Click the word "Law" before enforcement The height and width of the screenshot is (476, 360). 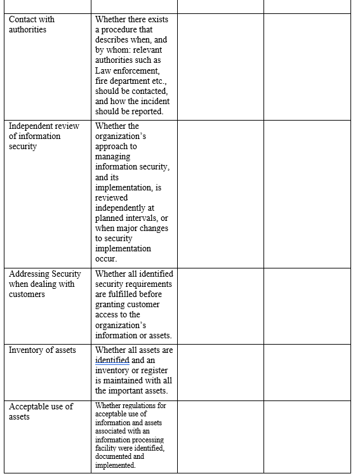[x=103, y=70]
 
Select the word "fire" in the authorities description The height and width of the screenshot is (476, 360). [x=102, y=81]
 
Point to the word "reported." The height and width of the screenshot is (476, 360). [x=147, y=111]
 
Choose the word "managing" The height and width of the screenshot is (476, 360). [x=113, y=156]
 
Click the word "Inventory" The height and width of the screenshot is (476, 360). [x=26, y=350]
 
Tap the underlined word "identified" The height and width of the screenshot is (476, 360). [x=112, y=360]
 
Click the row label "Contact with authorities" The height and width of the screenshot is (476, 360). [x=32, y=24]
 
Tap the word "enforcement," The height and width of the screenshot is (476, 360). [x=137, y=70]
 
